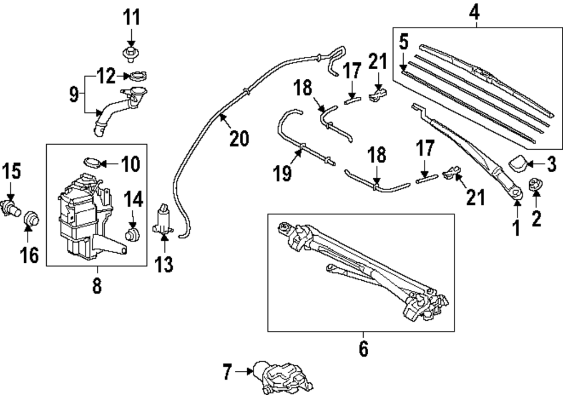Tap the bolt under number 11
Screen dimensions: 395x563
tap(130, 55)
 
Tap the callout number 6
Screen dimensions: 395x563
tap(364, 348)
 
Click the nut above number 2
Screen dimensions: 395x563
tap(535, 185)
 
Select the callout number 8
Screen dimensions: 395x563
tap(96, 286)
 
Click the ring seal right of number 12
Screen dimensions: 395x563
tap(138, 75)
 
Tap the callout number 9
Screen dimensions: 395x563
tap(74, 94)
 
